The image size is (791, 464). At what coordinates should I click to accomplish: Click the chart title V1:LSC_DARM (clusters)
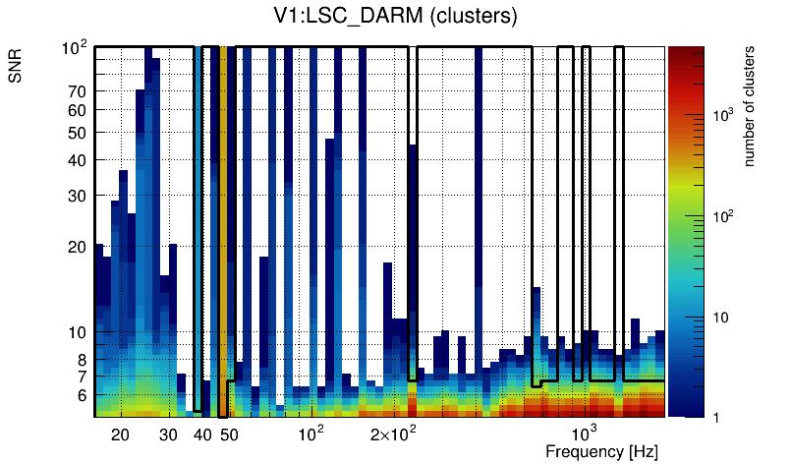click(395, 17)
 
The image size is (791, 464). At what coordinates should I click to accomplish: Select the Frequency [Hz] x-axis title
click(601, 451)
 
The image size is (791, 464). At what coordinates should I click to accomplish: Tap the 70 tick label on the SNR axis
click(78, 91)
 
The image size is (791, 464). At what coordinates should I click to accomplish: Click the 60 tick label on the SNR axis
click(78, 110)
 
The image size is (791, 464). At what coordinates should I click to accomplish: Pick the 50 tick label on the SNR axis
click(78, 133)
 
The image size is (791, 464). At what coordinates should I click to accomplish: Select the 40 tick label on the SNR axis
click(78, 160)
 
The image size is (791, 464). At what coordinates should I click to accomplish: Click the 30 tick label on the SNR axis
click(78, 196)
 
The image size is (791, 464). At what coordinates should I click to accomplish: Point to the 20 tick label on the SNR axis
click(78, 247)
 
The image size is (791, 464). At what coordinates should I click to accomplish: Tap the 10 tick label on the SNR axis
click(78, 332)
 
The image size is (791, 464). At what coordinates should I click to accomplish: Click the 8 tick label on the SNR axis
click(83, 360)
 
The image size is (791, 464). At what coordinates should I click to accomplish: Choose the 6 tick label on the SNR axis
click(83, 395)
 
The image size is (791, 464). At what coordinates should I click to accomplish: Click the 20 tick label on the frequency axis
click(120, 435)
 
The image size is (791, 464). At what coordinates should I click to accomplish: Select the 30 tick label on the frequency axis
click(168, 435)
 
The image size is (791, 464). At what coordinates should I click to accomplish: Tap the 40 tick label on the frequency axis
click(202, 435)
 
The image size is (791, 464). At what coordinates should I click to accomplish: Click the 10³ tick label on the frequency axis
click(586, 434)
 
